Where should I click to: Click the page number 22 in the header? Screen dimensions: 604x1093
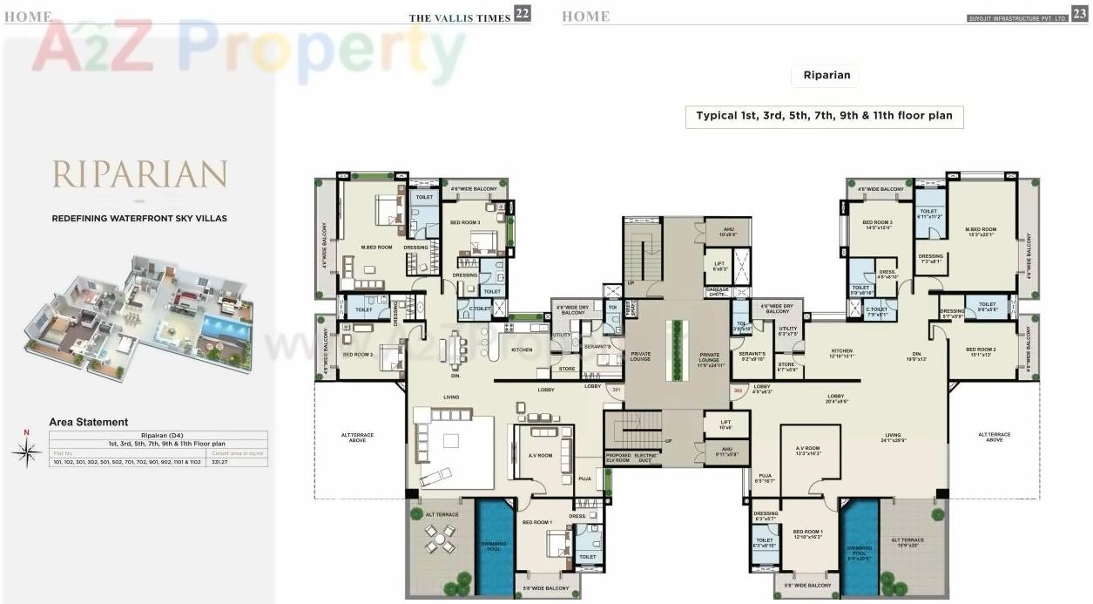click(523, 13)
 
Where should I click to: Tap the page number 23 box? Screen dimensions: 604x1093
click(1080, 13)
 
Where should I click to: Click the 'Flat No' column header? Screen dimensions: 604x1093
click(64, 453)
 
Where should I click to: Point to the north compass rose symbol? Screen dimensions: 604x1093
click(27, 451)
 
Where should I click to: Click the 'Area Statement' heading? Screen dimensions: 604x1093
click(89, 422)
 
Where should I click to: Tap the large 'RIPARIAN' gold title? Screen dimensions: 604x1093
click(139, 174)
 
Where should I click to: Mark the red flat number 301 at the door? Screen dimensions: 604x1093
click(616, 390)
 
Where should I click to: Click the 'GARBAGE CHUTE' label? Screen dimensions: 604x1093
click(717, 292)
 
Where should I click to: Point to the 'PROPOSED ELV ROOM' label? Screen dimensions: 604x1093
click(617, 458)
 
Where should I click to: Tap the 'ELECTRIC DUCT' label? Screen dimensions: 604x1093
click(645, 458)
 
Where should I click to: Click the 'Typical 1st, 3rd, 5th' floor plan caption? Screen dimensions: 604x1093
click(824, 115)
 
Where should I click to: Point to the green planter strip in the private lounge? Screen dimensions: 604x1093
click(672, 350)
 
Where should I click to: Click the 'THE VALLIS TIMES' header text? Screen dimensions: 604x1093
click(460, 17)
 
